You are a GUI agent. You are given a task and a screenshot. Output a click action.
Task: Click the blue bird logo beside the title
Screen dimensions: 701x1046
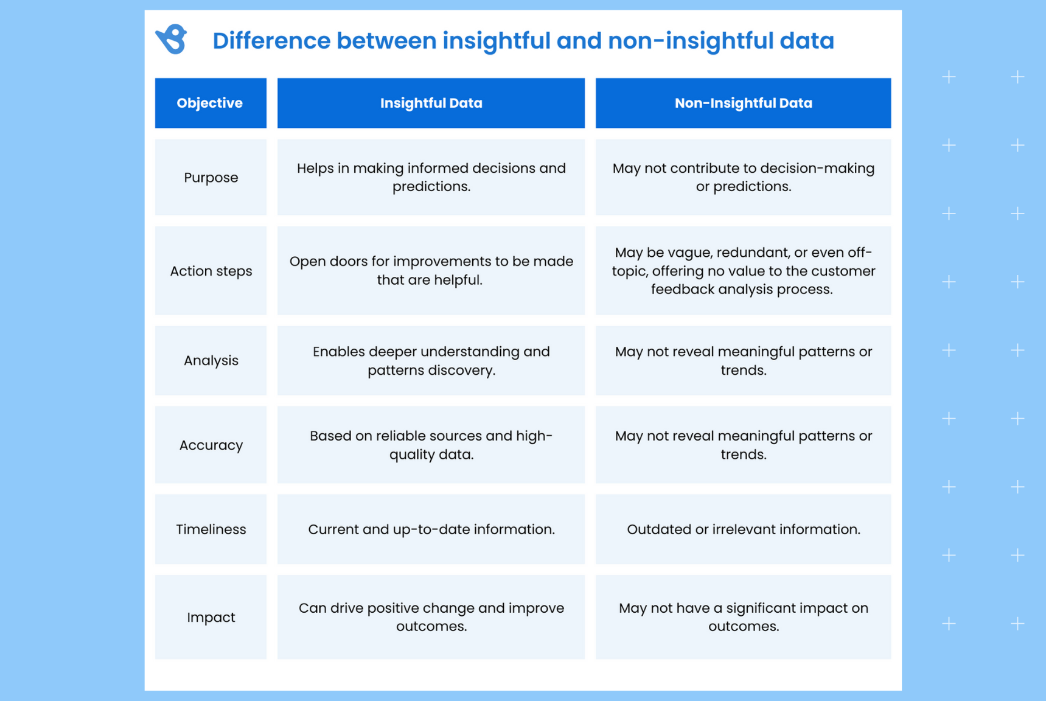[172, 40]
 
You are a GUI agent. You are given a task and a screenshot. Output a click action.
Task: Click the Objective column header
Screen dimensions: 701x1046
[210, 103]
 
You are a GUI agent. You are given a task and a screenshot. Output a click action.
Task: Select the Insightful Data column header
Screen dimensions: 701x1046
[431, 103]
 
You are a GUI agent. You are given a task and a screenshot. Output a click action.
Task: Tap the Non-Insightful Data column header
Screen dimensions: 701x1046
[743, 103]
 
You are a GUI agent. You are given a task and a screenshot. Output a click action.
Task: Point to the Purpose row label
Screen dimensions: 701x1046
[211, 178]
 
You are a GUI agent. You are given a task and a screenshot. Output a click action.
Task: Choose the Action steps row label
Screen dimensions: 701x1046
[211, 271]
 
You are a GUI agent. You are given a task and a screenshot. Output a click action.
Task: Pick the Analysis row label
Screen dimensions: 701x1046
[211, 360]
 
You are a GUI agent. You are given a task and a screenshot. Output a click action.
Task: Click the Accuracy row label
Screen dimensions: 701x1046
[211, 445]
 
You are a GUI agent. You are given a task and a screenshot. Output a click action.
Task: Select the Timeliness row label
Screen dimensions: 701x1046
[211, 529]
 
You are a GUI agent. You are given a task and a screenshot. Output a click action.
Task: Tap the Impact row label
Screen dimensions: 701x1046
[211, 617]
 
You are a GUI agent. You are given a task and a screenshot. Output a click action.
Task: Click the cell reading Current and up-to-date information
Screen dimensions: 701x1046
[431, 529]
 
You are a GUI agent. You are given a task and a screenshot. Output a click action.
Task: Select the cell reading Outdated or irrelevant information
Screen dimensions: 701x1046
[743, 529]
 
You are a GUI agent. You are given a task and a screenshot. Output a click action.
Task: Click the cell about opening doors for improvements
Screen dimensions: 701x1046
[431, 271]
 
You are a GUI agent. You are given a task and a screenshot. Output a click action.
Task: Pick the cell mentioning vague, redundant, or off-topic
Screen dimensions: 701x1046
[743, 271]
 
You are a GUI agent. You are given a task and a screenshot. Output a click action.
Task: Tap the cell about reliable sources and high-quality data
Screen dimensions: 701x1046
[431, 445]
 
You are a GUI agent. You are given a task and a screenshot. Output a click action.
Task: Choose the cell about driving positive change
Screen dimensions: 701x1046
[431, 617]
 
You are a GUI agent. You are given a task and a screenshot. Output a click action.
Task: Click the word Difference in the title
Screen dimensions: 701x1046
[272, 41]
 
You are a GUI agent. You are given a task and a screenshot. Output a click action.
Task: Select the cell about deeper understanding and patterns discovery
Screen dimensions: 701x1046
[431, 360]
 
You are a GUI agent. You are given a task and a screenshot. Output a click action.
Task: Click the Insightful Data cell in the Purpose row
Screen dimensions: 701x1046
[431, 178]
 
